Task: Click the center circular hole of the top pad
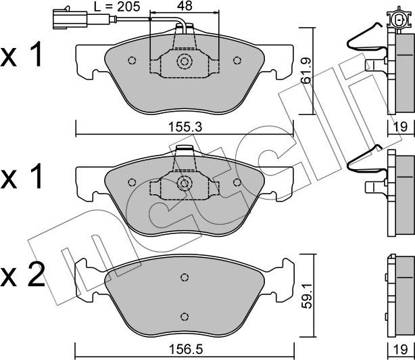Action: coord(184,62)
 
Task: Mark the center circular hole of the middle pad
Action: coord(184,183)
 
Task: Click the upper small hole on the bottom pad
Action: coord(184,277)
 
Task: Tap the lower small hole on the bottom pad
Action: coord(184,315)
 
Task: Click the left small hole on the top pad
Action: coord(132,60)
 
